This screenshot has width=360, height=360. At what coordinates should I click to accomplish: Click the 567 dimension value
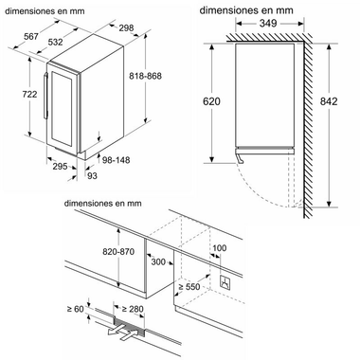31,37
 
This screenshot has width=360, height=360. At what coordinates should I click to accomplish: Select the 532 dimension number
56,42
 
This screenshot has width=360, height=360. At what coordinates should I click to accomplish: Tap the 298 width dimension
126,28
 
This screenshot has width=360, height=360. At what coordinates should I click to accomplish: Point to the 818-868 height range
145,76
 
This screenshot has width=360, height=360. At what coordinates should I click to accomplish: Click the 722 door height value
29,94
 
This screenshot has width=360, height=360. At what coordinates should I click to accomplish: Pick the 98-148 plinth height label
116,160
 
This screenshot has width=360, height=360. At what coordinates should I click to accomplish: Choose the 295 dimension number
60,166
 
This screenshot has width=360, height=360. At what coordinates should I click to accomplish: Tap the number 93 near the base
92,175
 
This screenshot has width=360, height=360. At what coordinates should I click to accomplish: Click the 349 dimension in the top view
268,23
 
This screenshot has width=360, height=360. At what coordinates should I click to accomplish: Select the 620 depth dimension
211,101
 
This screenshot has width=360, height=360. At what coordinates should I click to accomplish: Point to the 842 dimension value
329,101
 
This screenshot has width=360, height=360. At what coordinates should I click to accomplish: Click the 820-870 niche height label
118,252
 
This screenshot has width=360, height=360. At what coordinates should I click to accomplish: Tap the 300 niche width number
158,261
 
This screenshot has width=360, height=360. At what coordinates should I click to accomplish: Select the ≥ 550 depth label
189,287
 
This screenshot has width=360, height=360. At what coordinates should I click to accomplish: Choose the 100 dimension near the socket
220,248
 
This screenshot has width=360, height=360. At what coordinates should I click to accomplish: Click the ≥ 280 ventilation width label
133,309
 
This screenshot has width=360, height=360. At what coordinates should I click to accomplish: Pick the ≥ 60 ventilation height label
76,309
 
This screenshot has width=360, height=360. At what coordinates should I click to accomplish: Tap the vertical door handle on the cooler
45,96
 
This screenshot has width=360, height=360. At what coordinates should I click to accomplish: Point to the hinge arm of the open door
240,157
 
